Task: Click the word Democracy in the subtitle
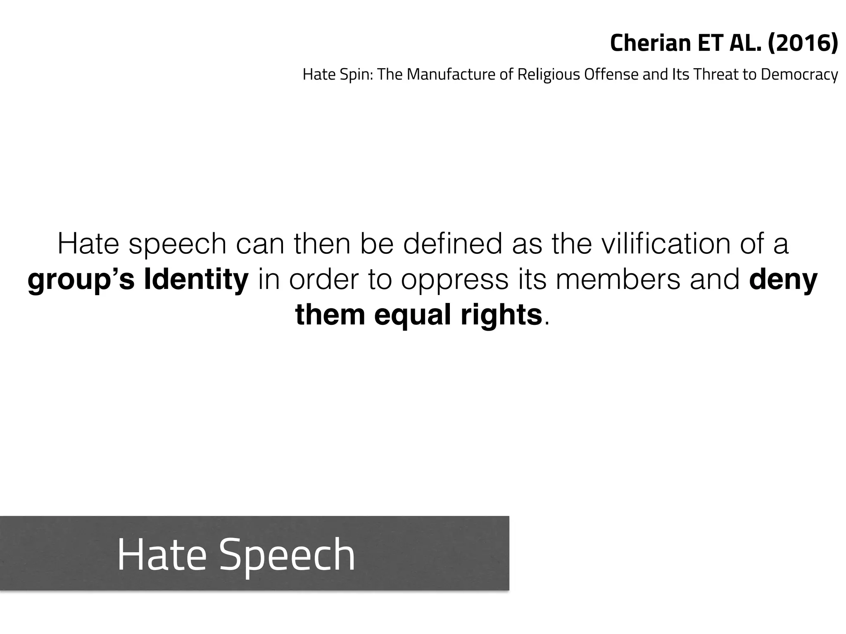tap(799, 75)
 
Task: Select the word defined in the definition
tap(453, 244)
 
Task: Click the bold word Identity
tap(196, 279)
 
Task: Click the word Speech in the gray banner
tap(287, 555)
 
